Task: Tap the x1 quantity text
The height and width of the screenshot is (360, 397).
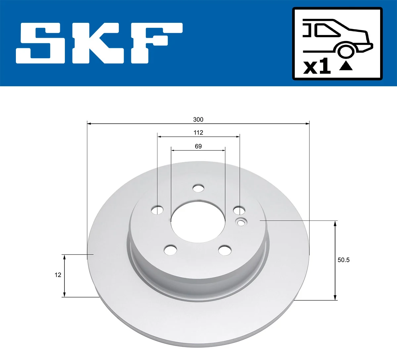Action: tap(317, 66)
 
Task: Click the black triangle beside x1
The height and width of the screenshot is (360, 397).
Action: tap(346, 66)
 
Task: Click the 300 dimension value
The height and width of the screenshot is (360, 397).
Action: tap(198, 119)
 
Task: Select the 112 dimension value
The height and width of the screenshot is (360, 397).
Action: tap(198, 133)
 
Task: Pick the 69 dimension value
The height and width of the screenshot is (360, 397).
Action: tap(198, 146)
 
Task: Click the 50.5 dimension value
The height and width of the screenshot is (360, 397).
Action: tap(343, 260)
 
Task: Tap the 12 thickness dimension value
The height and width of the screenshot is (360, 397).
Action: tap(58, 275)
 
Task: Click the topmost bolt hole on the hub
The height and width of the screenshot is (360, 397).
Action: tap(198, 188)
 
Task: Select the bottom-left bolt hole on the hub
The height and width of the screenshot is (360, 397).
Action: tap(170, 250)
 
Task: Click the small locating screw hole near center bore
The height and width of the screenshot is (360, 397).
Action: tap(241, 223)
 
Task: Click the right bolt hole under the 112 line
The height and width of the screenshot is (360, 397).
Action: tap(239, 210)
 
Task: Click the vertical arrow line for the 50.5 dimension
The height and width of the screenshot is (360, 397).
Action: tap(335, 260)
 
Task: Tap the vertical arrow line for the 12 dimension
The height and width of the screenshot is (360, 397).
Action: tap(65, 275)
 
